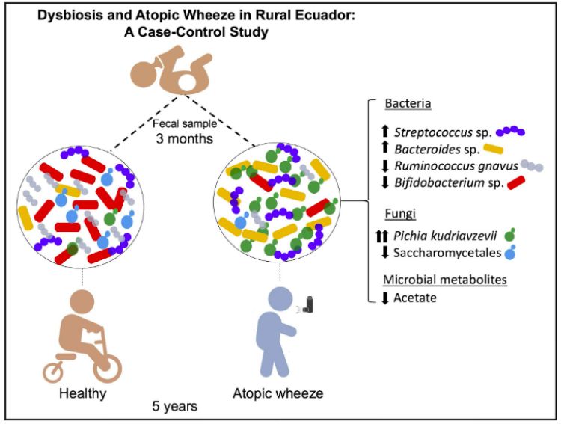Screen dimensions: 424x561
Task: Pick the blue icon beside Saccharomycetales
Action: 512,253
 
